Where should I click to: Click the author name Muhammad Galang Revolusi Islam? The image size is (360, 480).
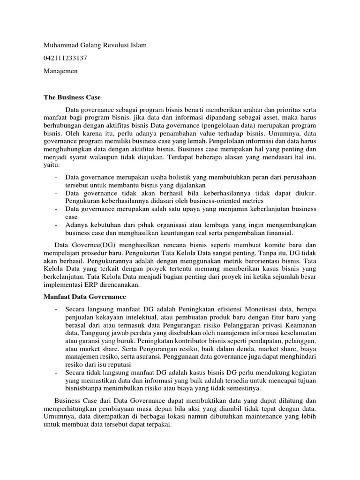[95, 45]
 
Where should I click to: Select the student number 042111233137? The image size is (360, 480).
[65, 58]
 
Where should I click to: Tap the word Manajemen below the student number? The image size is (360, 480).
[60, 71]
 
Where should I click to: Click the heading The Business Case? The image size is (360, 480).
[72, 97]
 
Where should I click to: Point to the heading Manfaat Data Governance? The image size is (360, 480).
[86, 296]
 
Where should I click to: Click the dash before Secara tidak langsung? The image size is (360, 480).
[56, 372]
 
